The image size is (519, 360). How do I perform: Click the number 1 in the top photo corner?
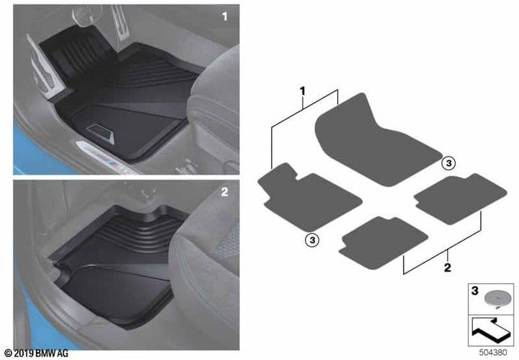point(225,16)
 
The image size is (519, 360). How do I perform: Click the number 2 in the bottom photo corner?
point(225,192)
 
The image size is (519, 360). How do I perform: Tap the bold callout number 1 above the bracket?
point(302,91)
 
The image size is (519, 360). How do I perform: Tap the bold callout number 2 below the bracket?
point(448,267)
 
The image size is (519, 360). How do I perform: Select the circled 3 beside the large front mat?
point(449,163)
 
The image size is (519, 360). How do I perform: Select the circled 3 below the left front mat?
point(312,240)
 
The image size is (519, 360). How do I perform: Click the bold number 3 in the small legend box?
point(475,291)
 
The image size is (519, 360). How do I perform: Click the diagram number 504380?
point(493,353)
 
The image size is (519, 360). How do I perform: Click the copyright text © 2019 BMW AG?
point(37,354)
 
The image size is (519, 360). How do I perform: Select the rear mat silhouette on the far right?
point(461,198)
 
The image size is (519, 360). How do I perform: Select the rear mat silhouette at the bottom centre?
point(383,242)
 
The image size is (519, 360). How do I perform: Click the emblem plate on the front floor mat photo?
point(101,133)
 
